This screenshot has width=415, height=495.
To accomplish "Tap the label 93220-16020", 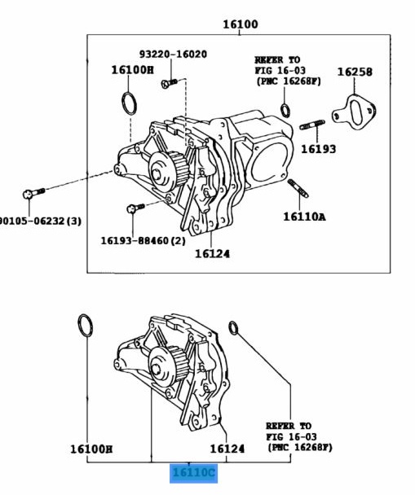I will pyautogui.click(x=172, y=55).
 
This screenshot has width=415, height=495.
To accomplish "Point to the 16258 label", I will pyautogui.click(x=355, y=72).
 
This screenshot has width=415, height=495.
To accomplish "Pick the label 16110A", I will pyautogui.click(x=304, y=217).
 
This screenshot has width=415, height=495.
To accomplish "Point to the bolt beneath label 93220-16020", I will pyautogui.click(x=169, y=82).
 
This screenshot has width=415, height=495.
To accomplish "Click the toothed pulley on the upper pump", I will pyautogui.click(x=165, y=172).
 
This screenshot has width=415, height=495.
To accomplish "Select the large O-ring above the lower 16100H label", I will pyautogui.click(x=85, y=326).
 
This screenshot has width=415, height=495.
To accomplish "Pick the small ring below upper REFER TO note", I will pyautogui.click(x=285, y=111).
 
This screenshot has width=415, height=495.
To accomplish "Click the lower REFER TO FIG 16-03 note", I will pyautogui.click(x=298, y=436).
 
